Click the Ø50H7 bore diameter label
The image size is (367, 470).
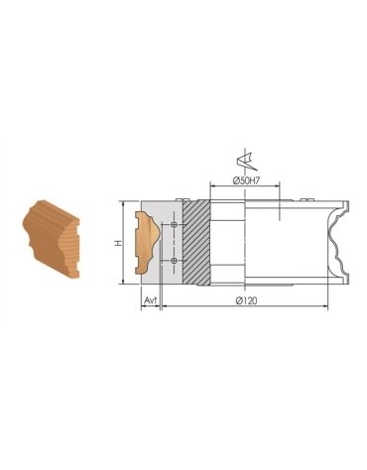click(245, 180)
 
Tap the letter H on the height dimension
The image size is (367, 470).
click(118, 242)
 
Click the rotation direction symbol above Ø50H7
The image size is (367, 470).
click(241, 159)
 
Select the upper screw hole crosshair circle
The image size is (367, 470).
click(174, 225)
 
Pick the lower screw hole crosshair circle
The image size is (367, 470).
click(174, 260)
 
